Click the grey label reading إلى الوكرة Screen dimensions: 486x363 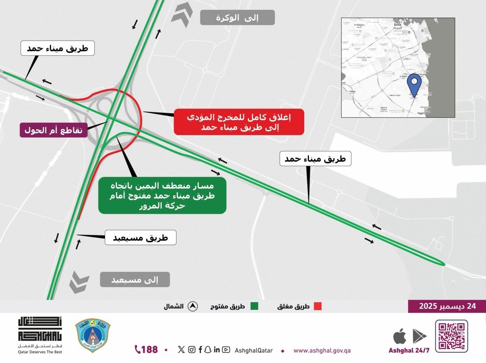[237, 17]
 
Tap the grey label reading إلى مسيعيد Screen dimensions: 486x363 [135, 280]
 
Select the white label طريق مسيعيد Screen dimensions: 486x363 [141, 237]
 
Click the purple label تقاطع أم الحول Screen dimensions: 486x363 [53, 130]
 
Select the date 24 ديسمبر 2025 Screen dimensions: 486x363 [447, 306]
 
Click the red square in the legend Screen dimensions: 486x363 [318, 306]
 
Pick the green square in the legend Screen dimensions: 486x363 [254, 306]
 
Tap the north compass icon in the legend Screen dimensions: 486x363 [192, 307]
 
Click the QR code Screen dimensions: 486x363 [452, 336]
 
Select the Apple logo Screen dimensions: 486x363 [399, 336]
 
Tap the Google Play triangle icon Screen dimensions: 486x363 [420, 336]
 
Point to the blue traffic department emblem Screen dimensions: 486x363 [93, 335]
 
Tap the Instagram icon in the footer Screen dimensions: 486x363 [192, 350]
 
